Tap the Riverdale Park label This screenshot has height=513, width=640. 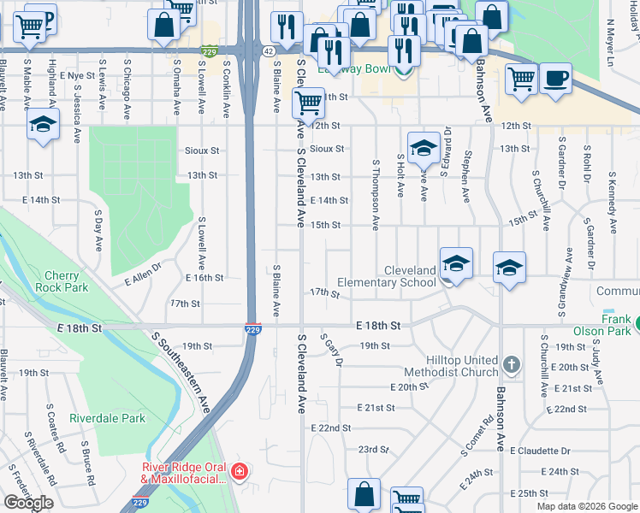pyautogui.click(x=108, y=418)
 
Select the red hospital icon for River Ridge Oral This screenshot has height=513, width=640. pyautogui.click(x=240, y=471)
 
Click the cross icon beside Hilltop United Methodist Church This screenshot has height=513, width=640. pyautogui.click(x=512, y=365)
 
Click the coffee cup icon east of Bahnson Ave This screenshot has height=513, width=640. pyautogui.click(x=556, y=79)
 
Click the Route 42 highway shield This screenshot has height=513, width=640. pyautogui.click(x=269, y=51)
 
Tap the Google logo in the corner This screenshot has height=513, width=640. pyautogui.click(x=28, y=503)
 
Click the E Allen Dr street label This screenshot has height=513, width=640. pyautogui.click(x=142, y=278)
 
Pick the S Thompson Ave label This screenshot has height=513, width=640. pyautogui.click(x=376, y=194)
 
